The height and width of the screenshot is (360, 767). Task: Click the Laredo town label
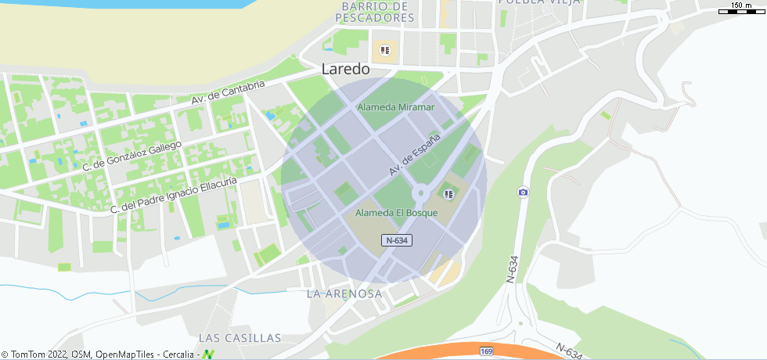coord(345,69)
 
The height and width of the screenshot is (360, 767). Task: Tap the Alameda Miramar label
coord(395,106)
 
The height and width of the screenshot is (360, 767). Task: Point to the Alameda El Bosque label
coord(396,213)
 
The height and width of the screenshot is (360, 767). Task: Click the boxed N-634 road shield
coord(397,240)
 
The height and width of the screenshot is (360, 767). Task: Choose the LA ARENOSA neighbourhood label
coord(344,293)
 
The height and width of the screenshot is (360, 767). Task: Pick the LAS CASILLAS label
coord(239,338)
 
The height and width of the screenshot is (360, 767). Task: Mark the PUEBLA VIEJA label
coord(539,2)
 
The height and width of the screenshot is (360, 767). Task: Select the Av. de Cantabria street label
coord(229,93)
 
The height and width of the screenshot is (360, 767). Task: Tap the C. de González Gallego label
coord(131,156)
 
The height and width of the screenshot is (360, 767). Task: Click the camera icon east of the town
coord(523,193)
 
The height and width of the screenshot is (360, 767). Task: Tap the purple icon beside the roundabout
coord(448,194)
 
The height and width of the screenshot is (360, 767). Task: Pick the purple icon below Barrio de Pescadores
coord(384,51)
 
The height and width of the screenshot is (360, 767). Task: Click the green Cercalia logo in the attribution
coord(208,354)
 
